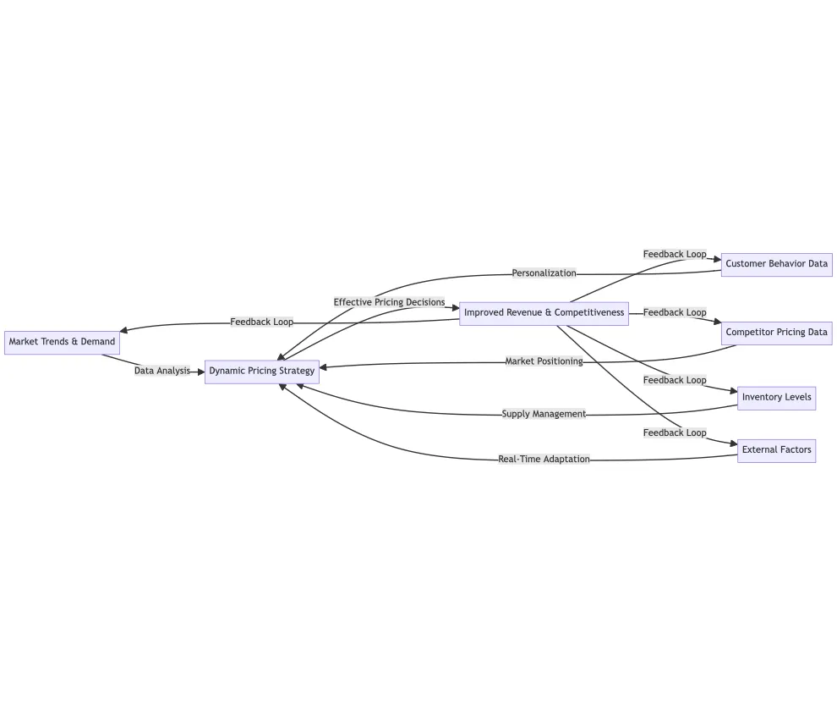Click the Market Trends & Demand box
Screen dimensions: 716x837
[62, 342]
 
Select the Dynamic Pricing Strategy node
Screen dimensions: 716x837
[262, 371]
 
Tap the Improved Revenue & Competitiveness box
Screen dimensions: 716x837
[544, 313]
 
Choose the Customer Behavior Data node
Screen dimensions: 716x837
[776, 264]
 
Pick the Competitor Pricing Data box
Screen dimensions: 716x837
[776, 333]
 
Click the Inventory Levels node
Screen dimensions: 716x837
[776, 398]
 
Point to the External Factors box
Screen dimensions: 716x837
[776, 450]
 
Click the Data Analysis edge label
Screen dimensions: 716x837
[162, 371]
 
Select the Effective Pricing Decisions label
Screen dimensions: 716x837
[389, 302]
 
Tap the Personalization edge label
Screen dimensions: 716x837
[544, 273]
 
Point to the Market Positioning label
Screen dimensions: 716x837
[544, 361]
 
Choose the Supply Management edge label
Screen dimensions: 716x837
[544, 414]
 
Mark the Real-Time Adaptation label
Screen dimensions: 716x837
[544, 460]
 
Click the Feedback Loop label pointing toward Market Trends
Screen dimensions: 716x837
[262, 322]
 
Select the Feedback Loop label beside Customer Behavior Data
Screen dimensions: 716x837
[675, 254]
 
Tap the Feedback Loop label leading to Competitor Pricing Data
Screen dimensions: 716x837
[675, 312]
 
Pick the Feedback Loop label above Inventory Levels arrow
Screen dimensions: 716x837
[675, 380]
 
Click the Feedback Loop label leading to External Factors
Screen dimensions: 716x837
[675, 432]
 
